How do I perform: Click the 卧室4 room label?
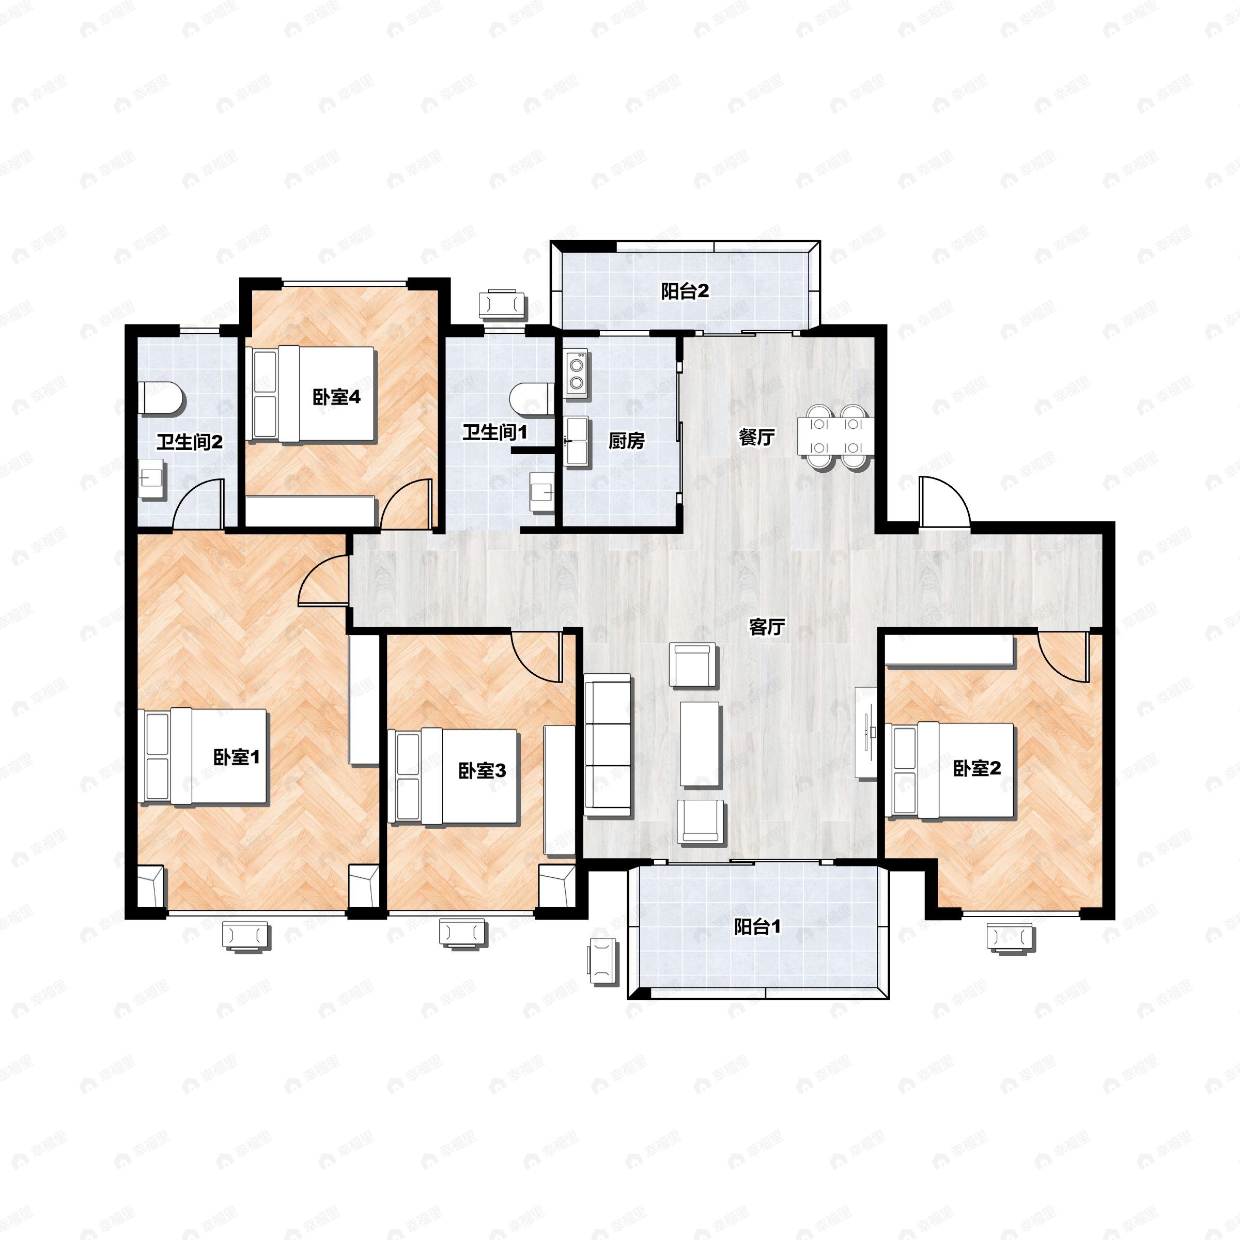tap(336, 397)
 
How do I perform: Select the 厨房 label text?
tap(626, 440)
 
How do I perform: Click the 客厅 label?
tap(767, 626)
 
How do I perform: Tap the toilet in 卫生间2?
tap(161, 398)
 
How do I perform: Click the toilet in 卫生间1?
tap(533, 398)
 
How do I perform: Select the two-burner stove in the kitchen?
tap(577, 374)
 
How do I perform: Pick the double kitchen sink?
tap(577, 440)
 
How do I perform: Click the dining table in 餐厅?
tap(835, 437)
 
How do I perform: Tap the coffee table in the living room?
tap(700, 744)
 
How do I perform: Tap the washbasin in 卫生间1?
tap(542, 492)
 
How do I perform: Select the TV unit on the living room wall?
tap(866, 733)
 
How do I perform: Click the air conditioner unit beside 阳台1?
tap(602, 961)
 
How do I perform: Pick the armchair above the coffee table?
tap(693, 665)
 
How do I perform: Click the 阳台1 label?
tap(757, 927)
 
